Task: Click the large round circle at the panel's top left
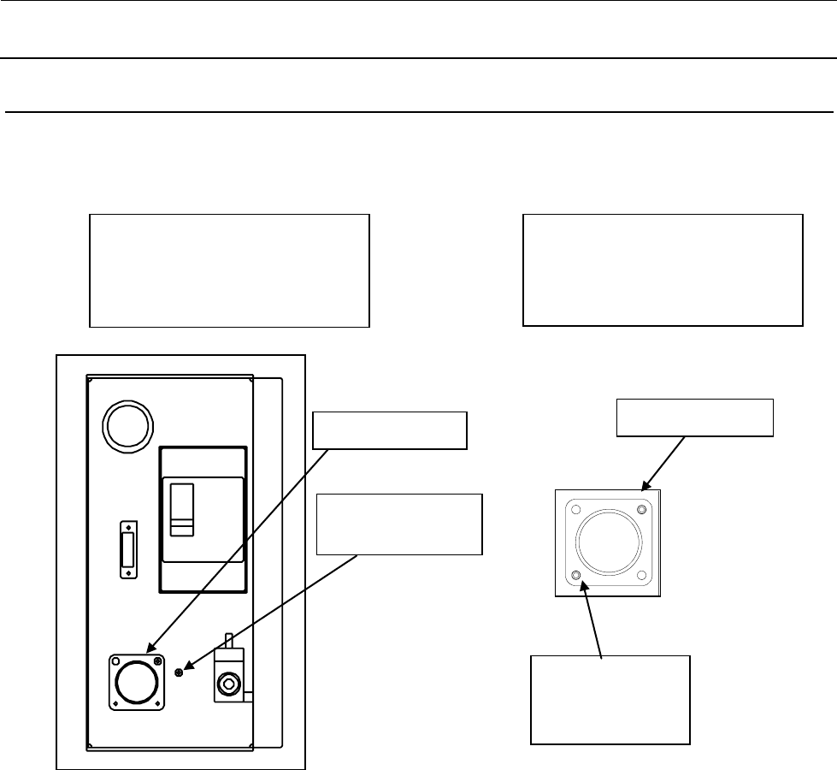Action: tap(127, 424)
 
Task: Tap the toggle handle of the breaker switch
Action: tap(181, 508)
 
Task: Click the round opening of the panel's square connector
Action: tap(137, 682)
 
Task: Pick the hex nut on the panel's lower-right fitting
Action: tap(228, 684)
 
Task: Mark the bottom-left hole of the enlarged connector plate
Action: tap(576, 574)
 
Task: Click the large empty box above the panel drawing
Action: tap(229, 270)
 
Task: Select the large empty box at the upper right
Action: tap(663, 270)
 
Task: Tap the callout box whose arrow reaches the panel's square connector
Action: tap(390, 430)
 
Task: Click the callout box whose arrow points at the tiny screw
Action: tap(399, 524)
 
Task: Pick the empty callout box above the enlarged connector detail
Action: tap(695, 418)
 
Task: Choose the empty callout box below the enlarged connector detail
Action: tap(610, 700)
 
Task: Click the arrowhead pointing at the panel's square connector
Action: tap(151, 651)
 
